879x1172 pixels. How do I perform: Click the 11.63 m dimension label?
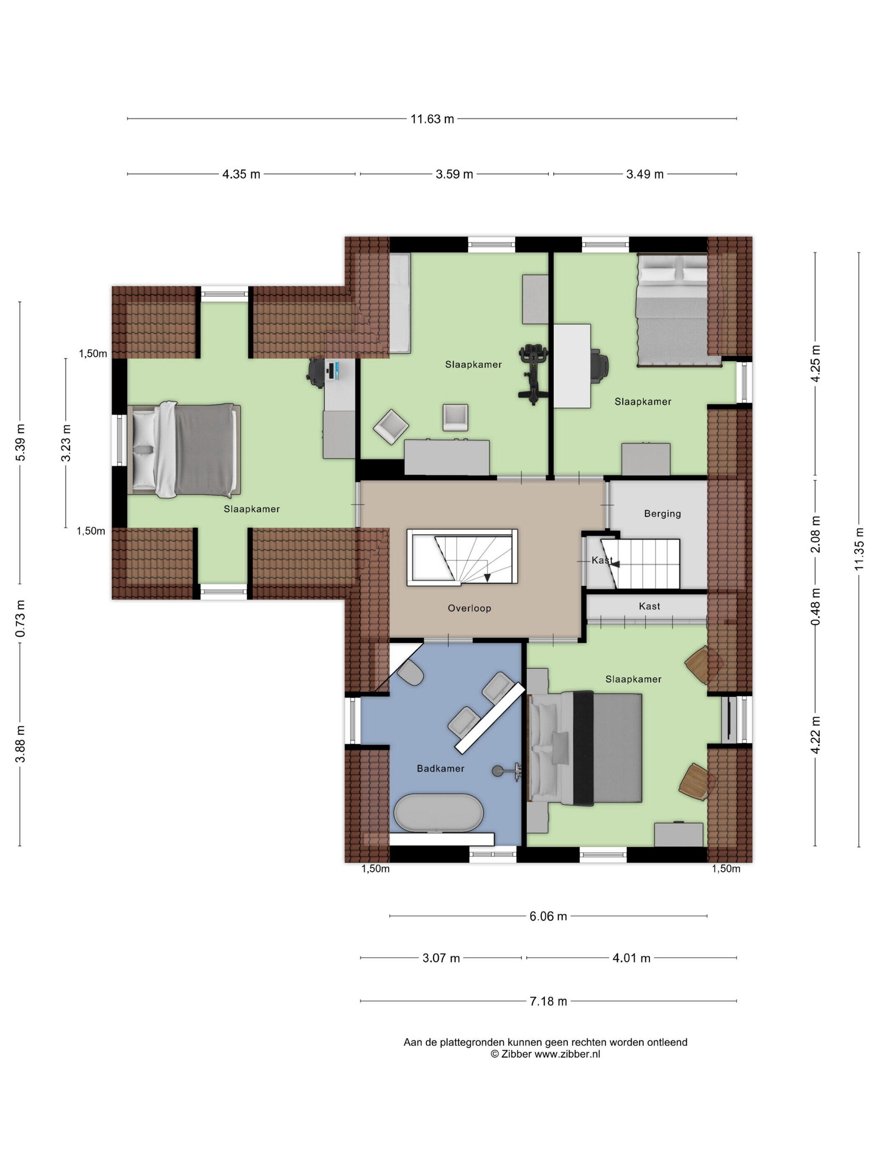(432, 119)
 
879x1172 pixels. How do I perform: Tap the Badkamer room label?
(440, 768)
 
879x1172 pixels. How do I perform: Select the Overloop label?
(470, 608)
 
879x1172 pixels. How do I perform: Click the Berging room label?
(662, 514)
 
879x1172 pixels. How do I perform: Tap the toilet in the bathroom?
(410, 673)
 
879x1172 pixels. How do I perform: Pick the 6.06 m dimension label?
(548, 916)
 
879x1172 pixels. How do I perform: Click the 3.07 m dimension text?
(441, 958)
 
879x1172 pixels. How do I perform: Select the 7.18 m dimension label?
(548, 1001)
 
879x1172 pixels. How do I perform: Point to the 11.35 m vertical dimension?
(859, 550)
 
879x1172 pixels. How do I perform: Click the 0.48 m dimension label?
(815, 607)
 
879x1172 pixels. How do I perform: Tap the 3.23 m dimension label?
(66, 443)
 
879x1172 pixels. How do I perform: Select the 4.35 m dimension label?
(241, 174)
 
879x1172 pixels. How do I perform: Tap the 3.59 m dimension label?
(454, 174)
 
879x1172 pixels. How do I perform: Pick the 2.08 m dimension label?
(815, 534)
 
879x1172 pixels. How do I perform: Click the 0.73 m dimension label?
(20, 618)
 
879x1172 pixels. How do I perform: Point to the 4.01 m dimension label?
(631, 958)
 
